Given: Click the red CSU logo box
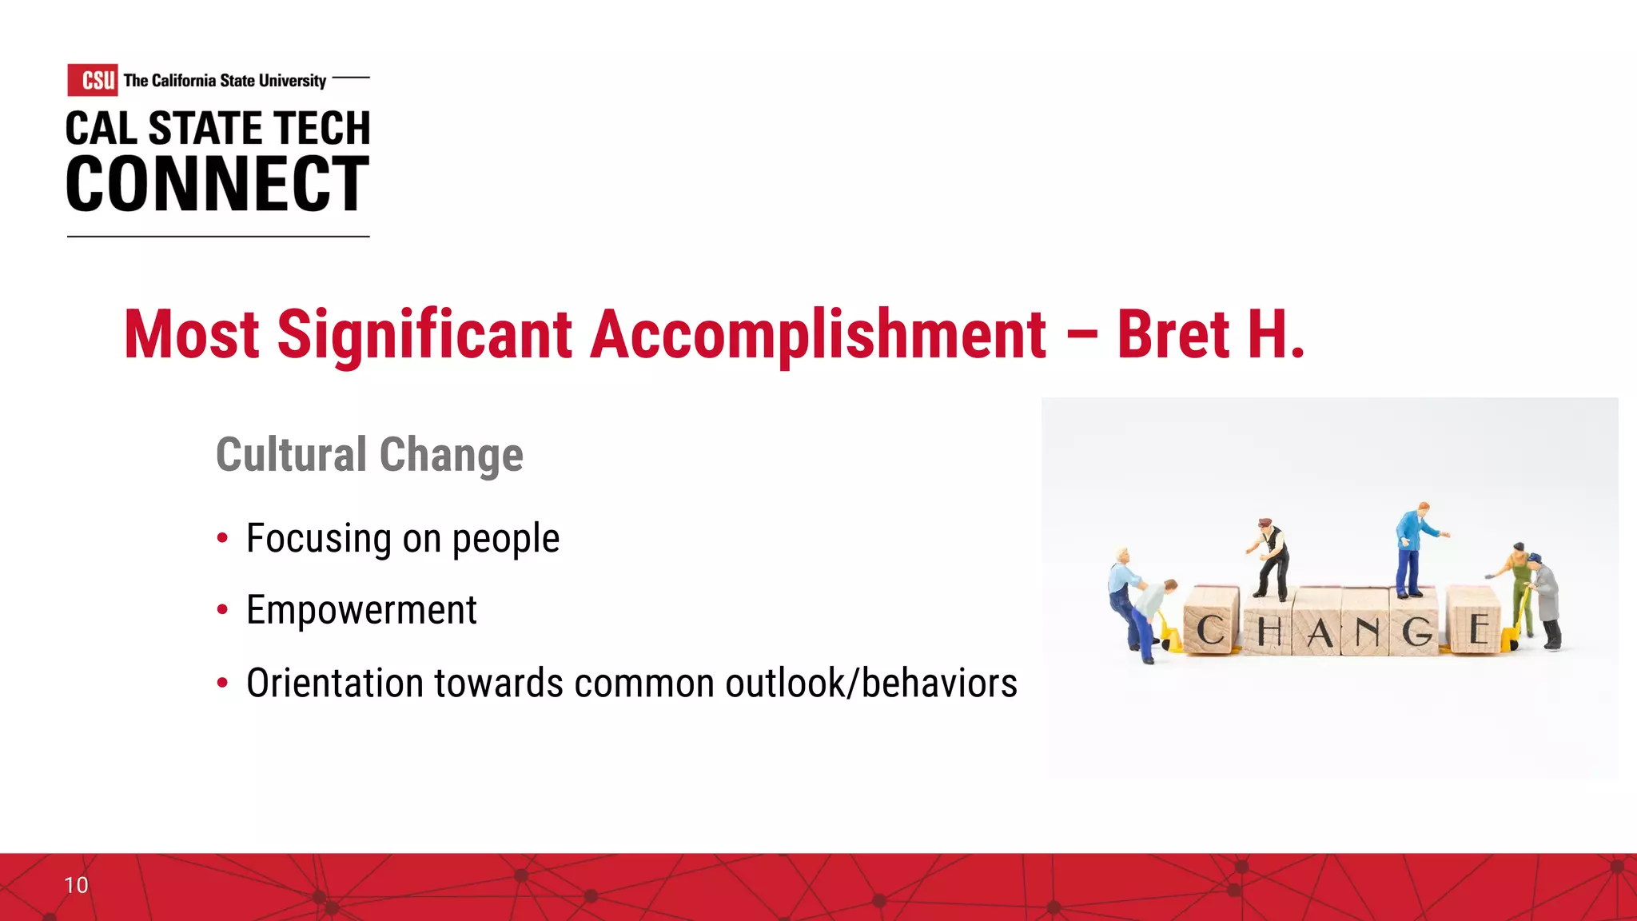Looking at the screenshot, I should pos(93,80).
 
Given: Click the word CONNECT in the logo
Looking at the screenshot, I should pos(217,185).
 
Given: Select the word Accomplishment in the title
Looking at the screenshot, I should pos(818,334).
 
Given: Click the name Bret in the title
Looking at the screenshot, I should pos(1173,334).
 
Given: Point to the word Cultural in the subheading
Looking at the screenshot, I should pos(291,455).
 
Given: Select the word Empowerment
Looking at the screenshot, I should pos(361,611).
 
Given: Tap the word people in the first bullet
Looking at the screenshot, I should pos(505,539).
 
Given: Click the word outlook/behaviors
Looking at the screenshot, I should pos(870,684).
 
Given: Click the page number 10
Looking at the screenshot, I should pos(76,885).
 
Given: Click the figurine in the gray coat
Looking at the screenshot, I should pos(1546,600).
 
